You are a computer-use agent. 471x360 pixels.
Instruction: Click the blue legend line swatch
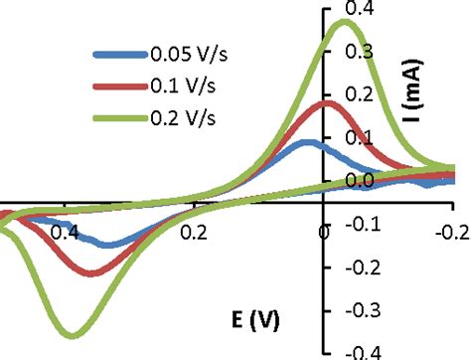(x=119, y=55)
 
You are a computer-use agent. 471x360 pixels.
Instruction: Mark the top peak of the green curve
(x=344, y=22)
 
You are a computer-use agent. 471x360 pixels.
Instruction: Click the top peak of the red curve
(x=326, y=102)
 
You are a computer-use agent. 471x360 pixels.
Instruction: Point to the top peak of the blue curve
(x=306, y=142)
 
